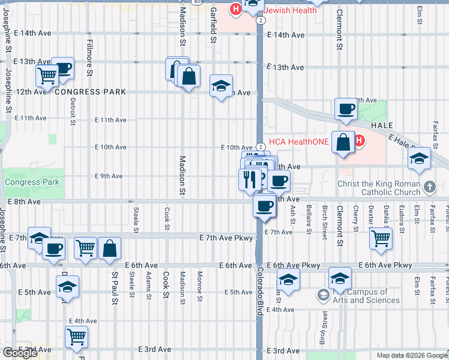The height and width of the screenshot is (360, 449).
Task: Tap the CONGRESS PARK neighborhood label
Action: click(x=91, y=92)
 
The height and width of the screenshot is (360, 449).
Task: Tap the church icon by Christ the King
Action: click(x=429, y=187)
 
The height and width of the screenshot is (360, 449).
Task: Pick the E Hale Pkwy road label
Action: click(x=408, y=143)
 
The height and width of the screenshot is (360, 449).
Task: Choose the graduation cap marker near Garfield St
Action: click(x=221, y=86)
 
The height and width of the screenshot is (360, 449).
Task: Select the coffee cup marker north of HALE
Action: click(x=346, y=109)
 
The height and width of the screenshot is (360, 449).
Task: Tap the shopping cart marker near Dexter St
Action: click(x=381, y=238)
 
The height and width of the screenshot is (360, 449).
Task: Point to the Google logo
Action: click(x=20, y=353)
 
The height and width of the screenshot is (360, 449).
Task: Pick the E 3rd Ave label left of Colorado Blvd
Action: click(x=155, y=349)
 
